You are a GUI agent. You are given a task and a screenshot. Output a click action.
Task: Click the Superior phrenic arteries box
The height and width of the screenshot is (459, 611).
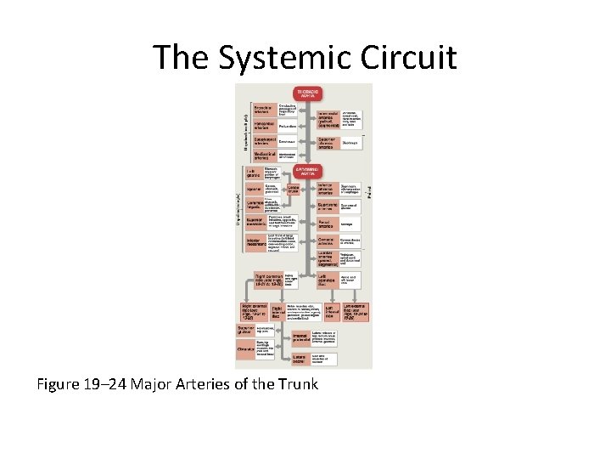328,143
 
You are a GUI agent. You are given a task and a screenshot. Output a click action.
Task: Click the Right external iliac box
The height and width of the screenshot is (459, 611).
255,311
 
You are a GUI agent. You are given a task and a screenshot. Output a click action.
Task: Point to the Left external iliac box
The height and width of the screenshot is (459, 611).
357,311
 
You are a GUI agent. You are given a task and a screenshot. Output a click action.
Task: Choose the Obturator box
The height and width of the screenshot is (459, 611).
247,348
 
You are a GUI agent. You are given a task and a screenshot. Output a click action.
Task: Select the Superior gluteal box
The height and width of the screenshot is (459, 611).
245,330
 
